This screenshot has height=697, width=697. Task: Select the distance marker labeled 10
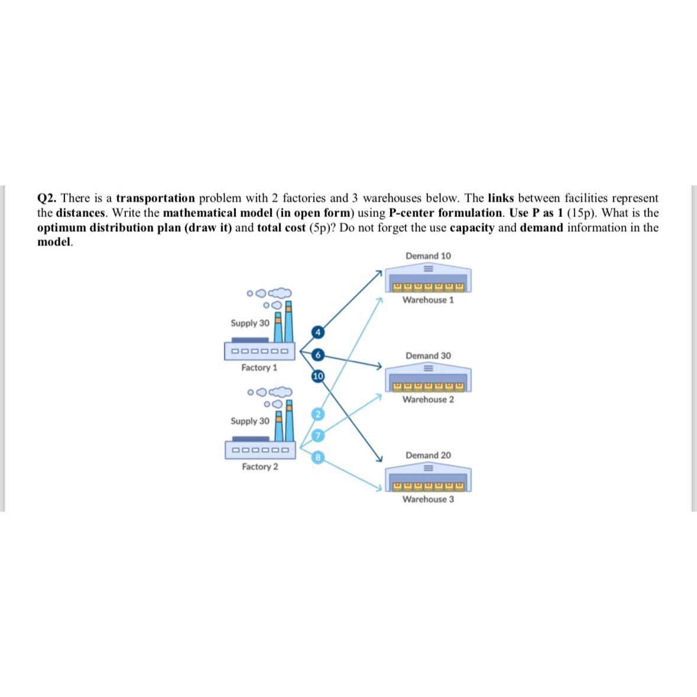pos(317,376)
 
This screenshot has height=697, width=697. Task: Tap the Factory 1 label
pos(259,368)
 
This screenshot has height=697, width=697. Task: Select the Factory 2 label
pos(260,466)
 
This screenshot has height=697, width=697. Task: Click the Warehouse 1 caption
pos(428,300)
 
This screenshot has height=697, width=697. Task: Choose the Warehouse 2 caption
pos(428,400)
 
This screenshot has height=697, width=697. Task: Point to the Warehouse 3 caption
pos(428,500)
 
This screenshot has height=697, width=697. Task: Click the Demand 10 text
pos(428,256)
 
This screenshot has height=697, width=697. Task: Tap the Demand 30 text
pos(428,356)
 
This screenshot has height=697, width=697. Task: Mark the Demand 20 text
pos(428,455)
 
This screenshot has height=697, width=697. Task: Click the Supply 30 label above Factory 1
pos(249,323)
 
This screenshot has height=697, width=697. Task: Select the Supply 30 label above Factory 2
pos(249,421)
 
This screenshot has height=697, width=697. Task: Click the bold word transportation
pos(155,198)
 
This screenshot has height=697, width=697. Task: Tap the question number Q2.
pos(47,198)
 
